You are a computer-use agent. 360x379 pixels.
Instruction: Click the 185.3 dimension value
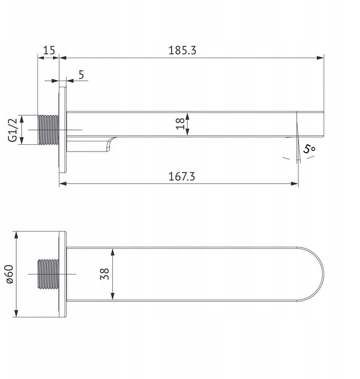(182, 50)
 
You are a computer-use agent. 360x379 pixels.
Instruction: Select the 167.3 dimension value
(182, 176)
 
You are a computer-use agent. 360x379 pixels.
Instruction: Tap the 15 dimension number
(49, 50)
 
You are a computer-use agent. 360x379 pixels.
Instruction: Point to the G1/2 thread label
(13, 130)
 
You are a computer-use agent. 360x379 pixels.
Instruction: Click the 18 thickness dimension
(180, 124)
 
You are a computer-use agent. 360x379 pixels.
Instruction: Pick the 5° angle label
(309, 149)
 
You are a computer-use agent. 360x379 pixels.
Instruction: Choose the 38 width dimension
(104, 274)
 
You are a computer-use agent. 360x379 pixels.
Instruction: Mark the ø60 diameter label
(10, 274)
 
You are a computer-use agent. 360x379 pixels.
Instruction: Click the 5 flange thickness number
(81, 75)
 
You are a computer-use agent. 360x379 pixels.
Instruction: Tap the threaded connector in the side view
(48, 130)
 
